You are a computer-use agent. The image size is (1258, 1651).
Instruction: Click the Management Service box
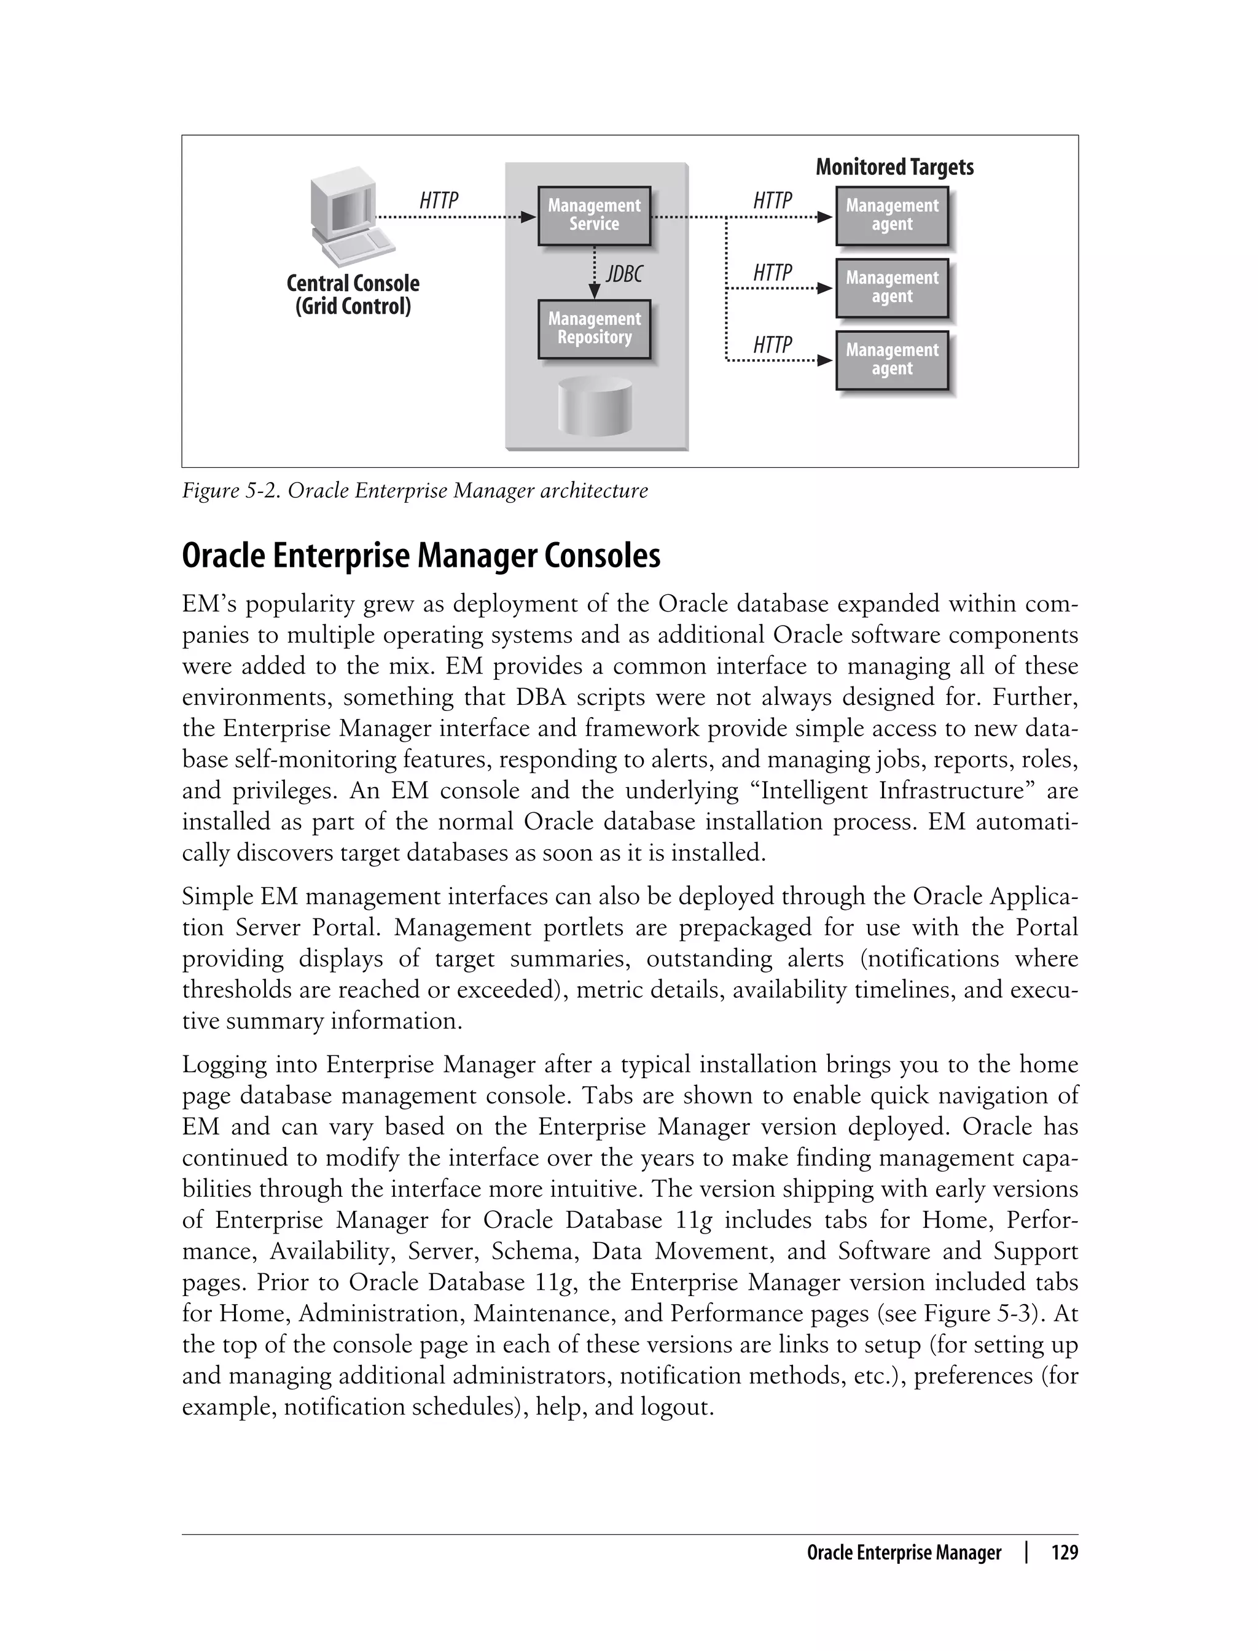tap(594, 216)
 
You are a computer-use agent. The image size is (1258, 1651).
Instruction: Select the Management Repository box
tap(594, 328)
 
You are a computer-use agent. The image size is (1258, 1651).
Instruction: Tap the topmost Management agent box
tap(891, 216)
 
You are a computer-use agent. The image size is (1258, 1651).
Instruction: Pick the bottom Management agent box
tap(891, 360)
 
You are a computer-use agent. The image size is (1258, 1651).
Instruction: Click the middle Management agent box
tap(891, 287)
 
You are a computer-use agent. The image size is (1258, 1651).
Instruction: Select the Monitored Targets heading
tap(894, 167)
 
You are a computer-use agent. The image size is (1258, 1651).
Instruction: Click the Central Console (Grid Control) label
tap(353, 295)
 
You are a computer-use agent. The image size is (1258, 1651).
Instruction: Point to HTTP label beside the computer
tap(439, 201)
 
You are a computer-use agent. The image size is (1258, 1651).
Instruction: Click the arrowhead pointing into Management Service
tap(529, 217)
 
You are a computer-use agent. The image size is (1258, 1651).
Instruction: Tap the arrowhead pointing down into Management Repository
tap(595, 291)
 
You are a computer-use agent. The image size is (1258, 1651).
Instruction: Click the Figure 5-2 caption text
tap(414, 491)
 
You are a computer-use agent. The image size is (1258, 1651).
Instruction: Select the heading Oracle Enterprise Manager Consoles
tap(421, 556)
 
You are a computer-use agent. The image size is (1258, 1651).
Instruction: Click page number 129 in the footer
tap(1064, 1553)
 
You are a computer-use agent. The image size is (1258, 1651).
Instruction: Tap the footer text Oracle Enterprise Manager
tap(903, 1553)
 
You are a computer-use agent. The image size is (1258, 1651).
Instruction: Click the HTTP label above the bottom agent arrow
tap(772, 345)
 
